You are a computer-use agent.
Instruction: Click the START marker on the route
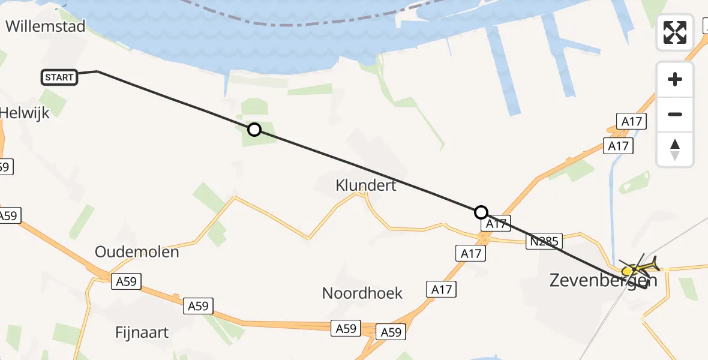pos(59,77)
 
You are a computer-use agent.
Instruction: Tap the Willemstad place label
pos(46,26)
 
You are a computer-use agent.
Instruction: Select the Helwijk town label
pos(24,112)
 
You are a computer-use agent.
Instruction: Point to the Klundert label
pos(366,185)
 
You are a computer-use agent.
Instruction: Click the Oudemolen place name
pos(137,251)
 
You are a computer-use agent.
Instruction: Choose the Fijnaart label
pos(142,332)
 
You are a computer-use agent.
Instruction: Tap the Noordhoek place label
pos(362,293)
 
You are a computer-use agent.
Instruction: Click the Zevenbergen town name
pos(603,280)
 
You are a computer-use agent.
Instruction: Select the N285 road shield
pos(544,242)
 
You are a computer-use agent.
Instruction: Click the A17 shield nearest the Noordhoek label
pos(441,290)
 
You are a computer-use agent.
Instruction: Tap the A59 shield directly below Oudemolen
pos(127,281)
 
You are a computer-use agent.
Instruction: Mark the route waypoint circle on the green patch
pos(254,130)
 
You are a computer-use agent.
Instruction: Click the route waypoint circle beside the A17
pos(481,212)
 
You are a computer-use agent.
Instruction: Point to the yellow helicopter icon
pos(642,267)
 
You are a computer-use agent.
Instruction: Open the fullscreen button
pos(675,32)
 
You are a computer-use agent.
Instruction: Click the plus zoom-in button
pos(675,79)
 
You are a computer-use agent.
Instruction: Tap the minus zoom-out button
pos(675,114)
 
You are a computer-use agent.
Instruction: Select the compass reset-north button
pos(675,149)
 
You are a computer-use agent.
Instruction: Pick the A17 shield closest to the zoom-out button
pos(632,122)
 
